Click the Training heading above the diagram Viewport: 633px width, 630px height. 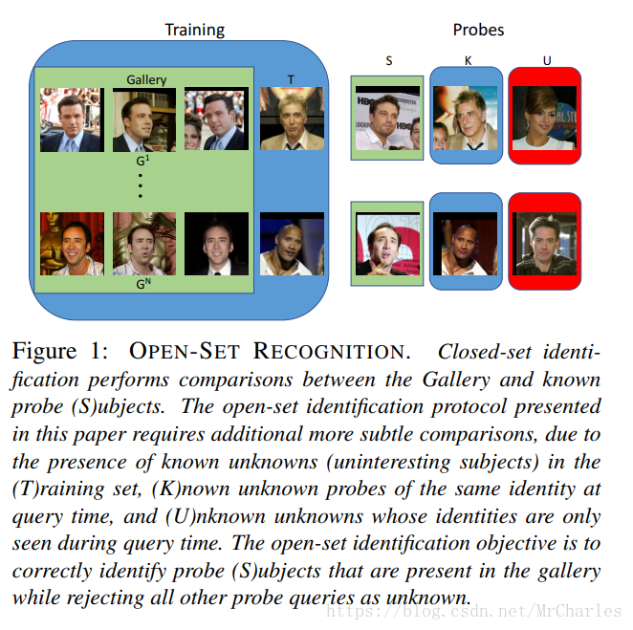[195, 30]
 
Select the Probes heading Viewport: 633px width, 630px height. [478, 30]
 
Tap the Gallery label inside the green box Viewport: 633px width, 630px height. [146, 80]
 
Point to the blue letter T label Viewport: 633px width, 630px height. [292, 79]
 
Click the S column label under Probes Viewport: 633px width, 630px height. [388, 59]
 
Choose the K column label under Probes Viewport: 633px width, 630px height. [468, 59]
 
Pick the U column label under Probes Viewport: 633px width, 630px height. [546, 59]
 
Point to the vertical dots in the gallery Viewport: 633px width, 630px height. [141, 184]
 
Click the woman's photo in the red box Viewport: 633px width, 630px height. [544, 118]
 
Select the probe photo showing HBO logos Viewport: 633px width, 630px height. [387, 119]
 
